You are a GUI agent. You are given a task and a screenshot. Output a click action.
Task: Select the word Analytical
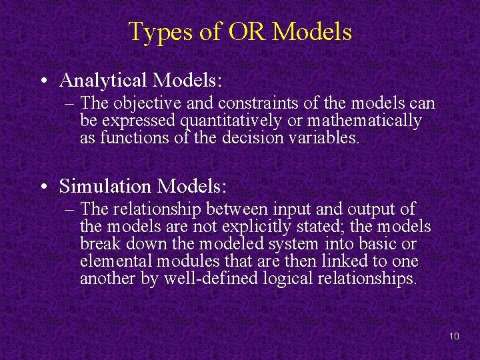[x=103, y=81]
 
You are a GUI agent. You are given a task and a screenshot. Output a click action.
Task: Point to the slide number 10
[x=454, y=336]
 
